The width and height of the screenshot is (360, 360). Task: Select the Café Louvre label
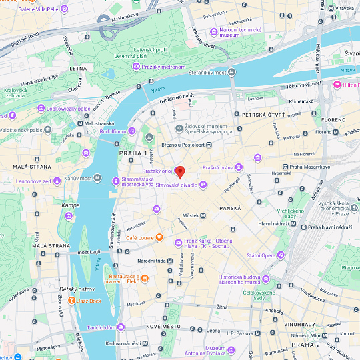[x=141, y=237]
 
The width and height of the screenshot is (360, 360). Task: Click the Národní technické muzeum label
[x=244, y=31]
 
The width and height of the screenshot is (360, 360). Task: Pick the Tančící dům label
[x=111, y=327]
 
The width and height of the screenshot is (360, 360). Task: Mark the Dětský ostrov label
[x=76, y=289]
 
